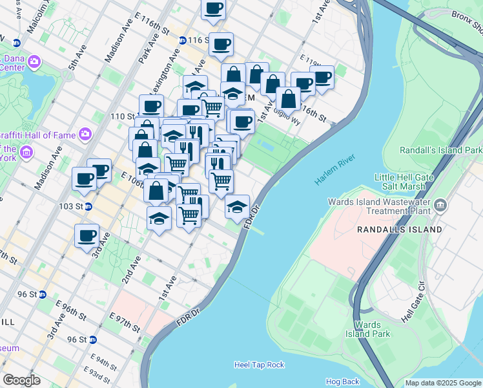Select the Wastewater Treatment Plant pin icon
(x=441, y=206)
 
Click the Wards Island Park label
(x=372, y=329)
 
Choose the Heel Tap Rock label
(x=259, y=365)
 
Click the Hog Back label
(x=342, y=382)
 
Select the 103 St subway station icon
(x=89, y=206)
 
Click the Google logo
(x=21, y=380)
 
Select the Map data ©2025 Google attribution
(x=442, y=383)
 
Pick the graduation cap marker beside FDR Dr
(x=238, y=207)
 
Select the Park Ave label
(x=149, y=48)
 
